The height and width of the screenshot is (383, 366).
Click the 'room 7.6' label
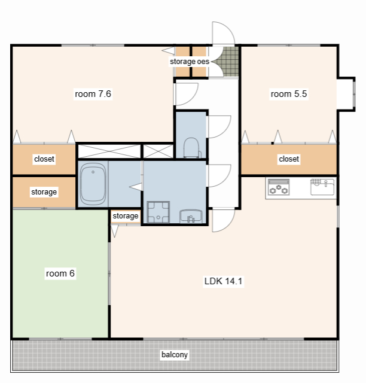[x=93, y=94]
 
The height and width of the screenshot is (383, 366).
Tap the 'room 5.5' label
[x=289, y=94]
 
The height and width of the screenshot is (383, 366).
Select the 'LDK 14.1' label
[x=223, y=281]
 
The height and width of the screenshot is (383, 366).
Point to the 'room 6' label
[x=60, y=273]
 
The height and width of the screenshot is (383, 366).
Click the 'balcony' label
[x=175, y=355]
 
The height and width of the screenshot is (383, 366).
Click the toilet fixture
[x=191, y=148]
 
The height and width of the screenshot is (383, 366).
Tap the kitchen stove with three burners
[x=279, y=187]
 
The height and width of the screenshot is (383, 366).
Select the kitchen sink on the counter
[x=322, y=187]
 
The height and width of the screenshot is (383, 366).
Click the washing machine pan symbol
[x=158, y=212]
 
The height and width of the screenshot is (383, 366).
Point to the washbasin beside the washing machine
[x=191, y=217]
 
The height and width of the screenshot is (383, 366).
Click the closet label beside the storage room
[x=44, y=159]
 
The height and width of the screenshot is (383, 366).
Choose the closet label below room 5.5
[x=289, y=159]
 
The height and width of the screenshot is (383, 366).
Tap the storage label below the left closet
[x=44, y=192]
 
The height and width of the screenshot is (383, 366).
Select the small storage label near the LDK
[x=126, y=216]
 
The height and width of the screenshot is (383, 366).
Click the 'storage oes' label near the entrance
[x=190, y=62]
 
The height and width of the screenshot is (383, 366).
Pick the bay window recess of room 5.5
[x=346, y=94]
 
